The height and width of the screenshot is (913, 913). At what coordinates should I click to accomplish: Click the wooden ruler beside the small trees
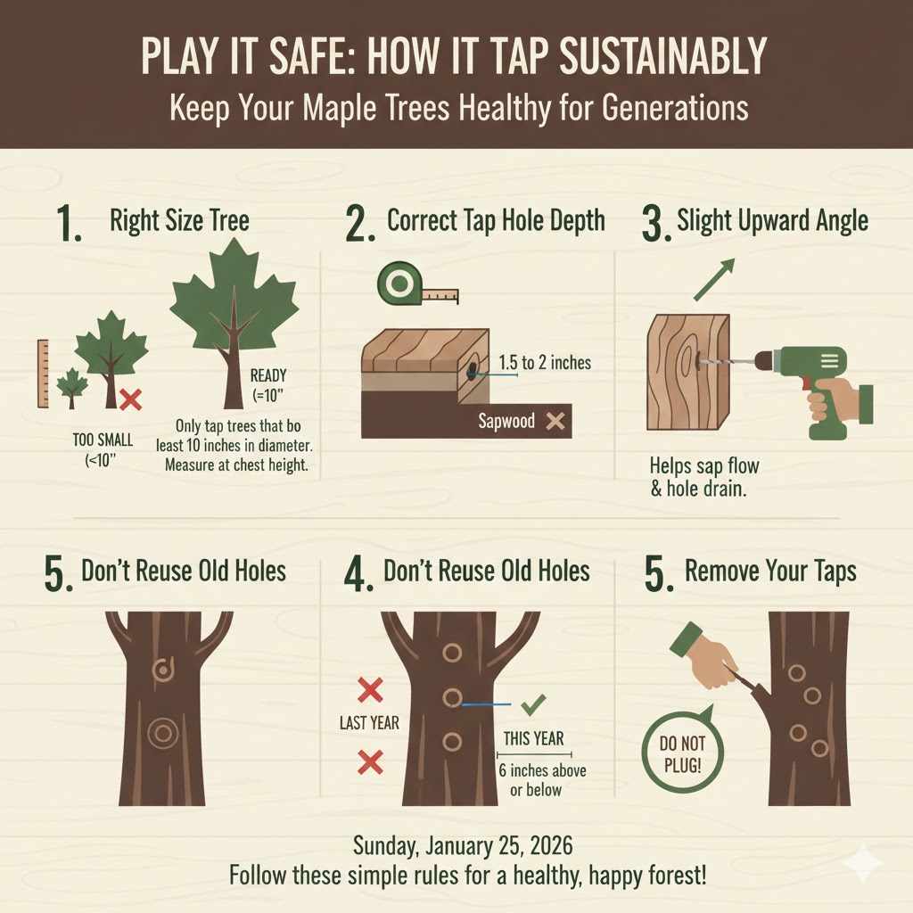click(43, 373)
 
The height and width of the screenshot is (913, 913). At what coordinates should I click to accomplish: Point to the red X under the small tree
click(130, 399)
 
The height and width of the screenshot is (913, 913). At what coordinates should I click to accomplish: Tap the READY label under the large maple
click(268, 375)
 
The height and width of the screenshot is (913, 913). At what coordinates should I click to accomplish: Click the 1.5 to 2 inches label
click(545, 363)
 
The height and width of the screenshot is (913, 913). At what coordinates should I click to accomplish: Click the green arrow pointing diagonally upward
click(713, 279)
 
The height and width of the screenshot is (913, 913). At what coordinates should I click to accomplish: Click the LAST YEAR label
click(369, 723)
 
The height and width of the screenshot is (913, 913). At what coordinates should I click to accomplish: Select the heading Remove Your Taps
click(770, 572)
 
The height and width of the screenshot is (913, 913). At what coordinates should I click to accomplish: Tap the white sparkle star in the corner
click(864, 862)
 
